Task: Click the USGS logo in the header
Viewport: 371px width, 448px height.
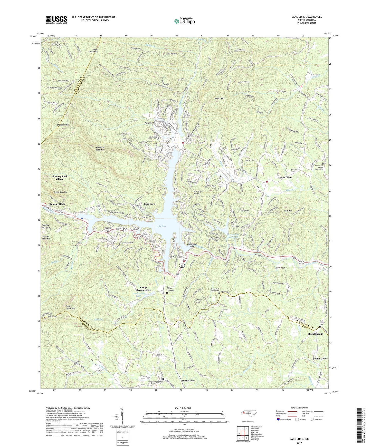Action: tap(56, 20)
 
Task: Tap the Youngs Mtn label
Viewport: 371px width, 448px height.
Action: tap(219, 98)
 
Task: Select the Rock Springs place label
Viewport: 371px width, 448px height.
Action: tap(315, 334)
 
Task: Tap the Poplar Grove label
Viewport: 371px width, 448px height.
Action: tap(320, 359)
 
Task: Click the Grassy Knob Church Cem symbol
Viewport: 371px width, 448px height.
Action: tap(219, 293)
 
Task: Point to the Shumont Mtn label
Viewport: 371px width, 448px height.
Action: tap(63, 125)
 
